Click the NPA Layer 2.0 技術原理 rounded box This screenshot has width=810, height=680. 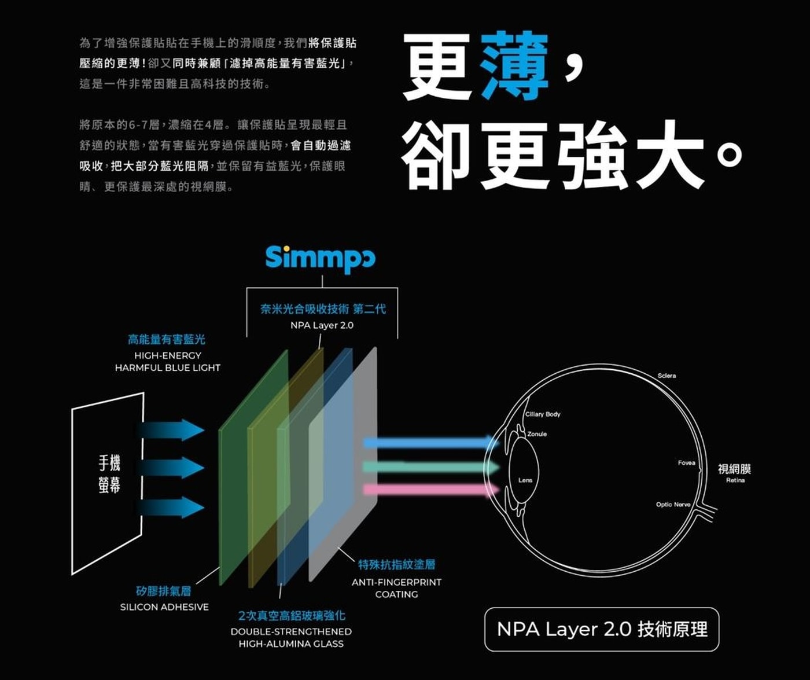[x=602, y=629]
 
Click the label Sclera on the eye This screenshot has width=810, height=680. [x=667, y=376]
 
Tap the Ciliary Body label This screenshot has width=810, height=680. [x=543, y=414]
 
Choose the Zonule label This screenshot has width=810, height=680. [x=537, y=433]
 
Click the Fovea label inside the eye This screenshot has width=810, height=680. [x=686, y=462]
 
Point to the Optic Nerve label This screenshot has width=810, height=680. [x=673, y=505]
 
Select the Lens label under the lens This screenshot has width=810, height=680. [x=525, y=480]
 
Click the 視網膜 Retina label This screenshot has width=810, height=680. [x=734, y=472]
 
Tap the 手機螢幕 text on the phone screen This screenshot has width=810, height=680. [x=109, y=473]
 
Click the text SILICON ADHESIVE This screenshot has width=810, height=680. [x=164, y=607]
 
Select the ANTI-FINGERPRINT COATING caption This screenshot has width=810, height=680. [x=396, y=588]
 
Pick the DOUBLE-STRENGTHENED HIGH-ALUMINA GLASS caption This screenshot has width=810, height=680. [x=291, y=637]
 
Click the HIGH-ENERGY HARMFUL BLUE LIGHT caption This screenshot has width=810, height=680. [x=167, y=362]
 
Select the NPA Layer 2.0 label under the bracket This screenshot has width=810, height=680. [x=322, y=325]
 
